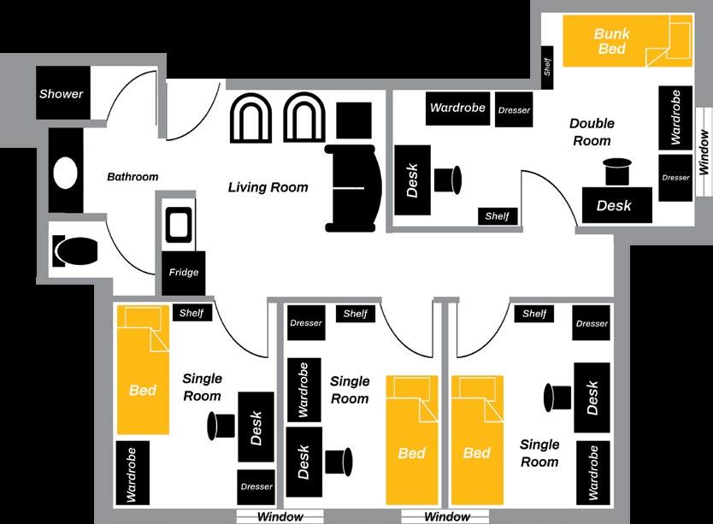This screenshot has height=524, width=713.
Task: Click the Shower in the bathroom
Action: pyautogui.click(x=62, y=93)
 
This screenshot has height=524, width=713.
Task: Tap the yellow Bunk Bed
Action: pyautogui.click(x=614, y=41)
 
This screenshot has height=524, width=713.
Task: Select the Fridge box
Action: pyautogui.click(x=184, y=273)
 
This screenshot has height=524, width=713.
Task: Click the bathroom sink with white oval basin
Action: pyautogui.click(x=65, y=172)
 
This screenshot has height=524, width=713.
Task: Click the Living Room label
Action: pyautogui.click(x=268, y=187)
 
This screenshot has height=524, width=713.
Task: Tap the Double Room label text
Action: pyautogui.click(x=592, y=132)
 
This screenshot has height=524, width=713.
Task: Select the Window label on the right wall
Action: pyautogui.click(x=704, y=151)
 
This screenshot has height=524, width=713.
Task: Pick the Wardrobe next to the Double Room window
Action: pyautogui.click(x=675, y=116)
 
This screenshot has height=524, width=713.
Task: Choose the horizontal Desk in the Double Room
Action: pyautogui.click(x=614, y=205)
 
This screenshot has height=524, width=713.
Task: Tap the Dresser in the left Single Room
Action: pyautogui.click(x=256, y=486)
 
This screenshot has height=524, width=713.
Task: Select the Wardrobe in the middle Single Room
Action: pyautogui.click(x=302, y=389)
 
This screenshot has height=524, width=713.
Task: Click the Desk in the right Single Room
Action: pyautogui.click(x=592, y=397)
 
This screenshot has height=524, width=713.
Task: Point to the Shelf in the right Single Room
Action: pyautogui.click(x=534, y=314)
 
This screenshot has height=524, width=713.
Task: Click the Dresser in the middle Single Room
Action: pyautogui.click(x=306, y=322)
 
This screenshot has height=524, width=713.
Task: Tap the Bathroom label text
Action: pyautogui.click(x=133, y=177)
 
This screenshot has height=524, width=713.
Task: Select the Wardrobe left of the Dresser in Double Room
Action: pyautogui.click(x=457, y=108)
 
